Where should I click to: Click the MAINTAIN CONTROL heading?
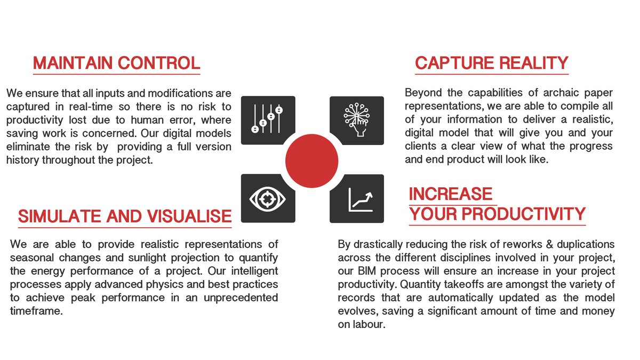(x=116, y=63)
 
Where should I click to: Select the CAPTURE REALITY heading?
(x=491, y=63)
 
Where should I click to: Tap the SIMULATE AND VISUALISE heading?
(x=125, y=216)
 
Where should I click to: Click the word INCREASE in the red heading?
(x=451, y=194)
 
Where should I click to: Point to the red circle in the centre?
(x=312, y=161)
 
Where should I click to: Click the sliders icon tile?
(x=268, y=120)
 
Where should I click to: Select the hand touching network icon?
(x=356, y=120)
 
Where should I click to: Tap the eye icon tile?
(x=268, y=198)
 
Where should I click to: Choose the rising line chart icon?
(x=356, y=198)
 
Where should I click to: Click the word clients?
(x=421, y=146)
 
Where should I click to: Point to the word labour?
(x=367, y=324)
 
